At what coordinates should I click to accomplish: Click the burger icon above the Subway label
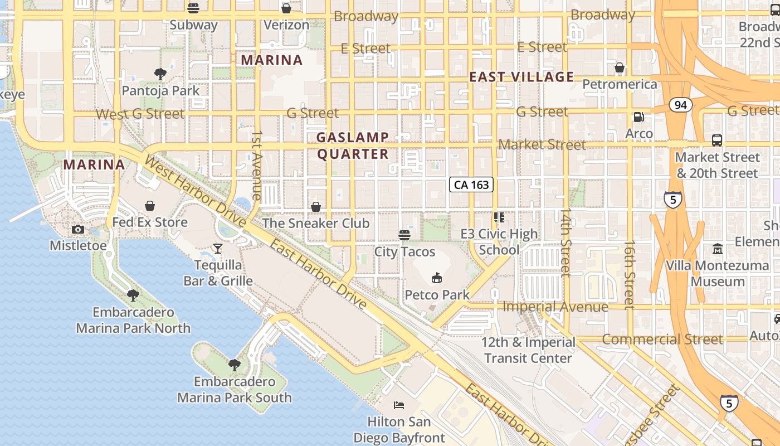(x=193, y=8)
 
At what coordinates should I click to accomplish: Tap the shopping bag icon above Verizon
(x=286, y=8)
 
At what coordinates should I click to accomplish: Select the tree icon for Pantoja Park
(x=160, y=74)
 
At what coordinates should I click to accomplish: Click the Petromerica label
(x=620, y=84)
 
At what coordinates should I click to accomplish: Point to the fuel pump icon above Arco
(x=638, y=117)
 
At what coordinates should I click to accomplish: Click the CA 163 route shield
(x=471, y=185)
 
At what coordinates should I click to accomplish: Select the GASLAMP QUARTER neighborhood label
(x=353, y=146)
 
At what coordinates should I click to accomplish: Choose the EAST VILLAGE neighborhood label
(x=521, y=77)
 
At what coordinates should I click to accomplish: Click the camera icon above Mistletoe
(x=78, y=229)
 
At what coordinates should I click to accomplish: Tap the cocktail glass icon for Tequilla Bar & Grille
(x=218, y=248)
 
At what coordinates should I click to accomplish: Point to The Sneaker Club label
(x=316, y=223)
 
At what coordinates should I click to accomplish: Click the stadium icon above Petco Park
(x=437, y=278)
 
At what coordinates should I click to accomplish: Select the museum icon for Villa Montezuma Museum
(x=717, y=249)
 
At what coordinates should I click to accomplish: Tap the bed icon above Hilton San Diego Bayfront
(x=399, y=405)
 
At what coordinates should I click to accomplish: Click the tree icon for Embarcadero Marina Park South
(x=235, y=365)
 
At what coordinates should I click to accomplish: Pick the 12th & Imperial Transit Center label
(x=528, y=350)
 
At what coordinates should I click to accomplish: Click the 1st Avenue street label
(x=257, y=165)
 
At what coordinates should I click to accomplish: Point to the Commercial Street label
(x=662, y=339)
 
